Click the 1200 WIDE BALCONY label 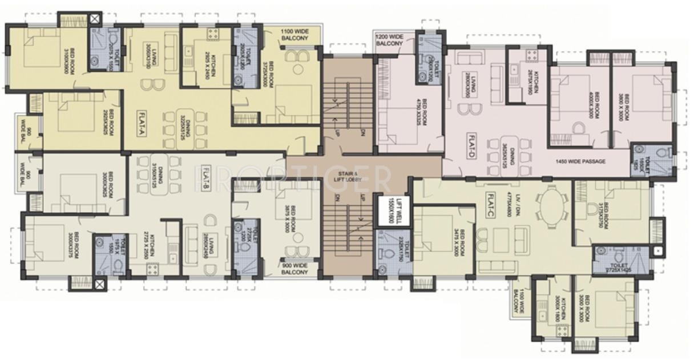389,40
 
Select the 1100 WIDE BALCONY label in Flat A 294,34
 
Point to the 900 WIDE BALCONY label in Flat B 294,269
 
